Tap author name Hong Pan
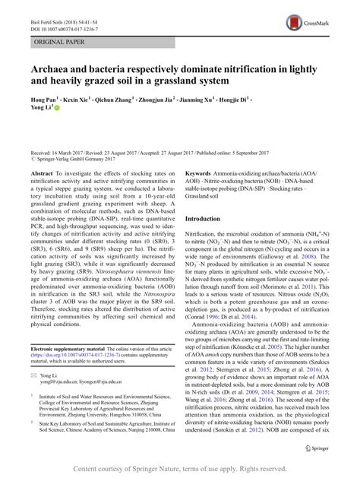click(x=43, y=99)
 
